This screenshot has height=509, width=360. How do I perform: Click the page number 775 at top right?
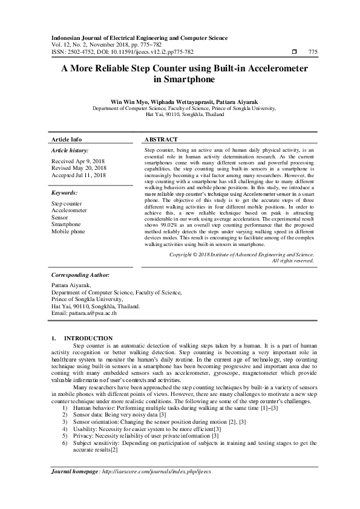click(x=313, y=52)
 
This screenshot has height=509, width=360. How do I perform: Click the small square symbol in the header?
click(x=293, y=52)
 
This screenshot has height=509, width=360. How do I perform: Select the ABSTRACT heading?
click(x=162, y=138)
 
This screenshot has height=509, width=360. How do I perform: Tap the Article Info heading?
click(x=67, y=138)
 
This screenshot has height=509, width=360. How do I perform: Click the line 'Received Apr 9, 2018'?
click(x=78, y=161)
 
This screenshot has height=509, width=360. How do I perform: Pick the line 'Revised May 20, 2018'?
click(x=79, y=168)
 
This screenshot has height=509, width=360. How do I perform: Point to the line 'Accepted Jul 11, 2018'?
click(x=79, y=175)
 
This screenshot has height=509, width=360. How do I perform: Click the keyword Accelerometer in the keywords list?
click(x=69, y=210)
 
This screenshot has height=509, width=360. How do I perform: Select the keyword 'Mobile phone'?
click(x=68, y=231)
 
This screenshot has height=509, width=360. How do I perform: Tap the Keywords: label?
click(x=65, y=193)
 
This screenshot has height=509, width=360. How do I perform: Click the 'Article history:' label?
click(x=70, y=149)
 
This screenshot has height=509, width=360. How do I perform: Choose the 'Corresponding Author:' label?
click(x=80, y=274)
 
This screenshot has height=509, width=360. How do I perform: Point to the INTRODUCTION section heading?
click(x=88, y=338)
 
